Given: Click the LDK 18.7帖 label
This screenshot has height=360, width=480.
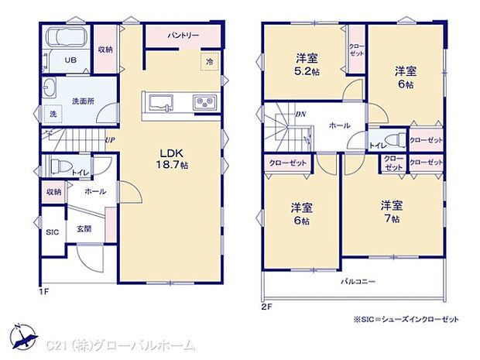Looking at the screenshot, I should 174,159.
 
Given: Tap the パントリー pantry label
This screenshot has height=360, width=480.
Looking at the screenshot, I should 183,36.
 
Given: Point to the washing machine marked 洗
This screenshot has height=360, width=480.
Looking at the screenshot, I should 53,115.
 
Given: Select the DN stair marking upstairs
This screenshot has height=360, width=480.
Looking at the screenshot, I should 300,115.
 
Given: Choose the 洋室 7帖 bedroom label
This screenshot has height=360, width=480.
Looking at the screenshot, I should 391,211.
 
